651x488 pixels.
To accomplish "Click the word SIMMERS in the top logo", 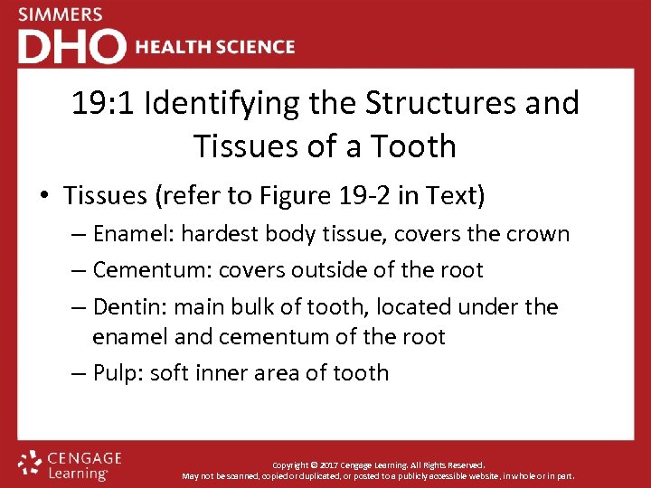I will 60,15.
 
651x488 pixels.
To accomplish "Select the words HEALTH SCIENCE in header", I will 214,47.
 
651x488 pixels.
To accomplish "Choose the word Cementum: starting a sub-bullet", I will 149,270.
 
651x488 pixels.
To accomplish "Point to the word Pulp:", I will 118,372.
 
